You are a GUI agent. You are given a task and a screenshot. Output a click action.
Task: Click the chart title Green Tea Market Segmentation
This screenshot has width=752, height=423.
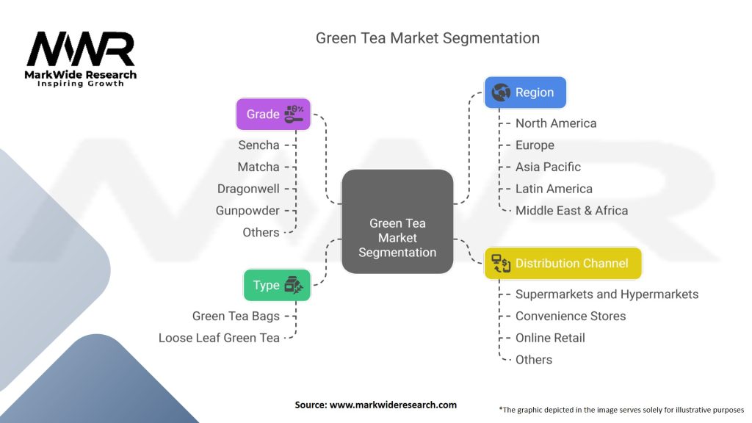(427, 38)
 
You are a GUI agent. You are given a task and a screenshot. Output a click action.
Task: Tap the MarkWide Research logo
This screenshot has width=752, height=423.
(81, 59)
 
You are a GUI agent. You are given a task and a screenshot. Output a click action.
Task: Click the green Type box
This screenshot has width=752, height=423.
(277, 285)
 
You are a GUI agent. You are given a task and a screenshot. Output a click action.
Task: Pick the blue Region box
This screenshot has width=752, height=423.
(525, 93)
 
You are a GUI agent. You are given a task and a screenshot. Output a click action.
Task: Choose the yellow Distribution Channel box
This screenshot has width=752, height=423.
(563, 263)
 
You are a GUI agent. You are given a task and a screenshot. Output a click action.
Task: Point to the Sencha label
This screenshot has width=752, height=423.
(258, 145)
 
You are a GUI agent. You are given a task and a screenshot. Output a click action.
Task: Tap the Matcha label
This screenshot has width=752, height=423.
(258, 167)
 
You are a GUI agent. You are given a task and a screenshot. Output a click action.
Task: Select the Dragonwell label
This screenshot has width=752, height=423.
(248, 189)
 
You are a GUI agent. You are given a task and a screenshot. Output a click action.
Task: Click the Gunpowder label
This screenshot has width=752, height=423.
(247, 211)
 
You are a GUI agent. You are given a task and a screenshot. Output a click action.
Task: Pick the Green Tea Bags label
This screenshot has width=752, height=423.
(236, 316)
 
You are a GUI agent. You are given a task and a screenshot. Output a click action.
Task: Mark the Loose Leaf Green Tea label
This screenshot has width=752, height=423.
(219, 338)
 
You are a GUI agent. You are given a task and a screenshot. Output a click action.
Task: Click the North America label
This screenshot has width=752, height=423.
(556, 123)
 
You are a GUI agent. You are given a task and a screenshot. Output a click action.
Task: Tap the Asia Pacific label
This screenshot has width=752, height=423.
(548, 167)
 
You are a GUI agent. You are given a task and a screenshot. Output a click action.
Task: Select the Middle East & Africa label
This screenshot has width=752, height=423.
(571, 210)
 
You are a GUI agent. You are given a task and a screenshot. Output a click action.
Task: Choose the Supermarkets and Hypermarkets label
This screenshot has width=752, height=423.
(607, 294)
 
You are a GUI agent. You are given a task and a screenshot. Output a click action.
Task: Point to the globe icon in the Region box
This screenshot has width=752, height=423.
(502, 93)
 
